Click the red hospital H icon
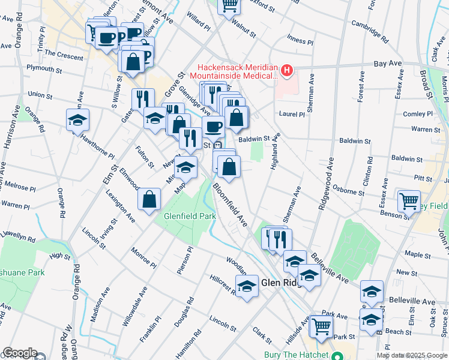pos(287,71)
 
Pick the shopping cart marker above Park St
pos(322,326)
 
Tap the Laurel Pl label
pos(291,113)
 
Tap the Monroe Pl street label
pos(143,259)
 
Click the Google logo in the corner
pos(19,353)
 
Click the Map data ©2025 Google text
pos(412,356)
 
